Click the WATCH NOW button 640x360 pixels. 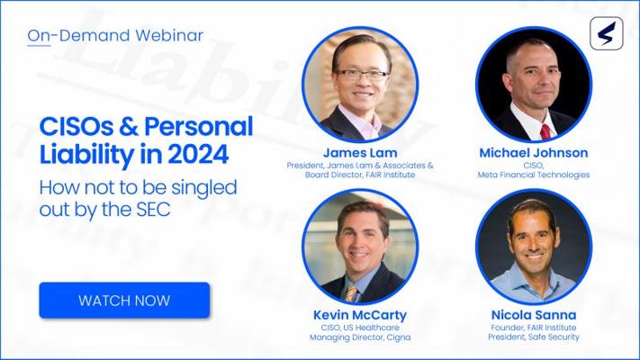[124, 300]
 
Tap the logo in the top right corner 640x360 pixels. [607, 33]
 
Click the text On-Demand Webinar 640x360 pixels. [115, 35]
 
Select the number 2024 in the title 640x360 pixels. [198, 155]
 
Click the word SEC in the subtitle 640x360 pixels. [153, 210]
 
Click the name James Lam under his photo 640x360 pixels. [360, 153]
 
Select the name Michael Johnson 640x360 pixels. [534, 153]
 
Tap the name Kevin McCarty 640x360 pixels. [360, 315]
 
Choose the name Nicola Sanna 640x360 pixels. [534, 315]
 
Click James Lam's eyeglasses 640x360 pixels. [362, 75]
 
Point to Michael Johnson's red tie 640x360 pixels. [545, 131]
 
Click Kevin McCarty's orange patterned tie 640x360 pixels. [351, 293]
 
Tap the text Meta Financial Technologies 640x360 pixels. [534, 175]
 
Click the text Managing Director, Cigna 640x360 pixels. [360, 337]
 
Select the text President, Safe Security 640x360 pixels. [534, 337]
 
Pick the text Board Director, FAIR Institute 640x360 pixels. [360, 175]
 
